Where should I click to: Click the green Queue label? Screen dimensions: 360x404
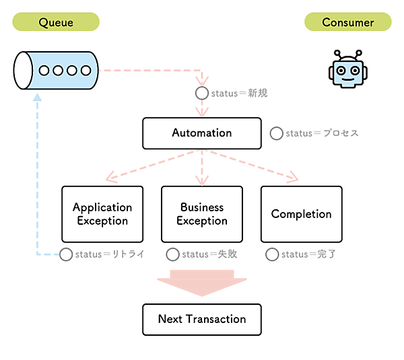[x=56, y=22]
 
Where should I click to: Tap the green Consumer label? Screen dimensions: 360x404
[x=347, y=22]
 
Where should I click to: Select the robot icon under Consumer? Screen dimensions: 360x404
[x=347, y=70]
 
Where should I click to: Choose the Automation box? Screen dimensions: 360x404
[x=201, y=133]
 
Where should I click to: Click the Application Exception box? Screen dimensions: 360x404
[x=102, y=214]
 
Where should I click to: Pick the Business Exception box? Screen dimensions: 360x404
[x=202, y=214]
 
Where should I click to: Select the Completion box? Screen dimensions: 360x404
[x=301, y=214]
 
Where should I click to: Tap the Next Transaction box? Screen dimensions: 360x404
[x=201, y=319]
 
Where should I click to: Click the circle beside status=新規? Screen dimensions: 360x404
[x=201, y=93]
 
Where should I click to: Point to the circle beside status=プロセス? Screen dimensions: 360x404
[x=276, y=133]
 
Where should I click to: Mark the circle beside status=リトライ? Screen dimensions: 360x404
[x=66, y=254]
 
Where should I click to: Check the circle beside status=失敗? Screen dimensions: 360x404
[x=172, y=254]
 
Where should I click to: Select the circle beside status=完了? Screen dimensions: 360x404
[x=272, y=254]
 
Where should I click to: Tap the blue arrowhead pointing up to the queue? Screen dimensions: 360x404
[x=37, y=98]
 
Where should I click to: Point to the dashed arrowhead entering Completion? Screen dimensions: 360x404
[x=292, y=178]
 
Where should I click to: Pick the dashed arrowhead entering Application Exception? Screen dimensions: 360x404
[x=112, y=178]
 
